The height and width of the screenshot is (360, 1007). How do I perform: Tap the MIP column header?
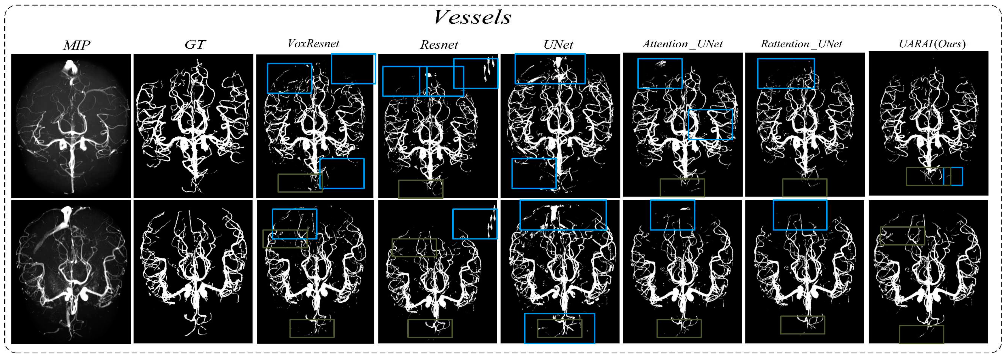coord(77,45)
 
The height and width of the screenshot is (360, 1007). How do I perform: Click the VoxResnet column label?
coord(313,44)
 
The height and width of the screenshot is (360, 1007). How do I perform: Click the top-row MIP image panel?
coord(71,126)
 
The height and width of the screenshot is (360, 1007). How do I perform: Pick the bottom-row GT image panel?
coord(193,272)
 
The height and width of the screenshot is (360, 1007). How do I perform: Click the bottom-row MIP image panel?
coord(71,272)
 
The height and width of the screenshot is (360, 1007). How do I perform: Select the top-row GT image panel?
coord(193,126)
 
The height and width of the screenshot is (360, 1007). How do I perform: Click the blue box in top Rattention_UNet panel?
coord(786,73)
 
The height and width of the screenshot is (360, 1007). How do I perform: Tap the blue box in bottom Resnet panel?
coord(475,224)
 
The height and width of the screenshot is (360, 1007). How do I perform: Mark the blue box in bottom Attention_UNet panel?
coord(672,215)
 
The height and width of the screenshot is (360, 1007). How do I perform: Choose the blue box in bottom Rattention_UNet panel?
coord(800,215)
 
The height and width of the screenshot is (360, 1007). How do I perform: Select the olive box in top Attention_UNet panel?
coord(682,188)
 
